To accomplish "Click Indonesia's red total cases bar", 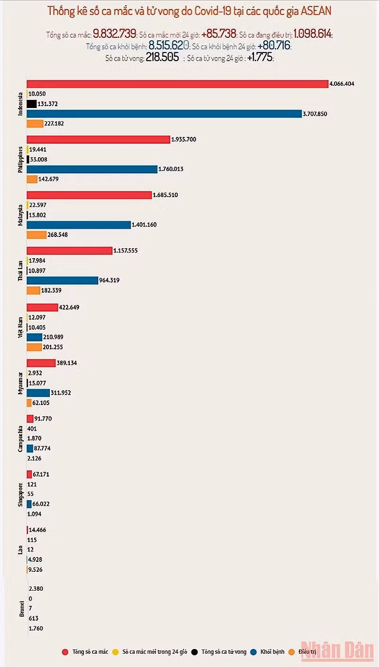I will point(178,84).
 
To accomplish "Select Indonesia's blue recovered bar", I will point(164,114).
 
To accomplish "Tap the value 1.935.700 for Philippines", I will point(184,139).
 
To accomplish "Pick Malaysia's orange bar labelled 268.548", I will point(36,234).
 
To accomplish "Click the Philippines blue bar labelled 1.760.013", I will point(92,169).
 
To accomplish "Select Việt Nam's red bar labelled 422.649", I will point(42,307).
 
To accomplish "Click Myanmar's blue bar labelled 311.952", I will point(38,393).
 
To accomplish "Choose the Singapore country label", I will point(20,495).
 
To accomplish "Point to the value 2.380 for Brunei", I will point(36,589).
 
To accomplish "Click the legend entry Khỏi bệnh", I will point(272,652).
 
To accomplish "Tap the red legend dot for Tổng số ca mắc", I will point(65,652).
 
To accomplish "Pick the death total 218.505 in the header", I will point(162,58).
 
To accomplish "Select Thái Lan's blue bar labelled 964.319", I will point(62,280).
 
